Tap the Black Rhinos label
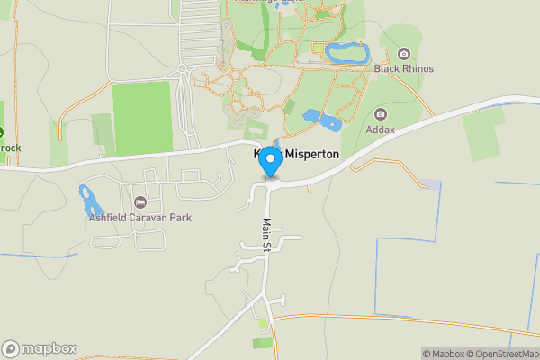click(404, 68)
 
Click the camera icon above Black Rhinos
click(404, 54)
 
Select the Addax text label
click(381, 129)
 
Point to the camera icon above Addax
click(381, 114)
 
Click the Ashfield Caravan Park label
click(139, 217)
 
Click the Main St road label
click(267, 234)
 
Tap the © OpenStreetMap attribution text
click(500, 354)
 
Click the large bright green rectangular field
click(142, 118)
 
